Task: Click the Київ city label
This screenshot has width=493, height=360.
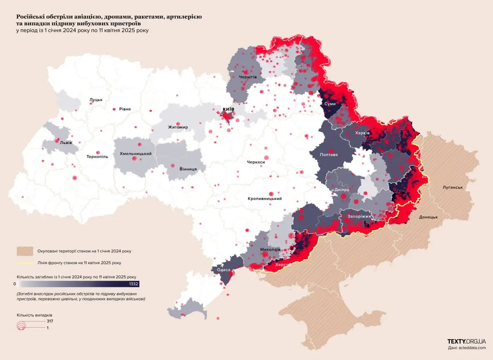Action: (x=228, y=109)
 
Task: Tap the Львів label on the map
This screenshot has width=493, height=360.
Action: (x=66, y=143)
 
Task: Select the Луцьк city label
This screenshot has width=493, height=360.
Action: (x=96, y=100)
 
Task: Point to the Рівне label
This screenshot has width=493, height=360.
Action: (x=125, y=109)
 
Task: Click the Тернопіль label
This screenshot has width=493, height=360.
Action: (x=97, y=157)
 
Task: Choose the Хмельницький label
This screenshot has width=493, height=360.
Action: (x=136, y=154)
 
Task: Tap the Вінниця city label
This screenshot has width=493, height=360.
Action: (x=188, y=169)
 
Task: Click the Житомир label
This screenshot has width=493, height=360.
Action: (x=178, y=127)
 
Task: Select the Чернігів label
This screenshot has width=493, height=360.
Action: (x=248, y=77)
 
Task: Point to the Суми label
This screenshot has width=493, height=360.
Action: (x=330, y=104)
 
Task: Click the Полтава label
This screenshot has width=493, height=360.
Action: (x=329, y=155)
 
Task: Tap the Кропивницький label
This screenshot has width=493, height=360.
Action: (x=264, y=199)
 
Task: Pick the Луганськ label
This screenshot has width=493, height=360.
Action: (x=453, y=188)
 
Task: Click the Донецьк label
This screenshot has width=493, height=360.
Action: (x=428, y=217)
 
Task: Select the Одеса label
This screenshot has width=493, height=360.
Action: (x=224, y=270)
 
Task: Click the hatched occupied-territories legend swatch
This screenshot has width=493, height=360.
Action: (x=25, y=251)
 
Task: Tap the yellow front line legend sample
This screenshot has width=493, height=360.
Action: (x=25, y=263)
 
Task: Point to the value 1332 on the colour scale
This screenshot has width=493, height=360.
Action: (x=133, y=284)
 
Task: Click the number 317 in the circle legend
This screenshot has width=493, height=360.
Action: (x=50, y=321)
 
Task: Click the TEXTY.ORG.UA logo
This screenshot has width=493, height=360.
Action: (x=466, y=341)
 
